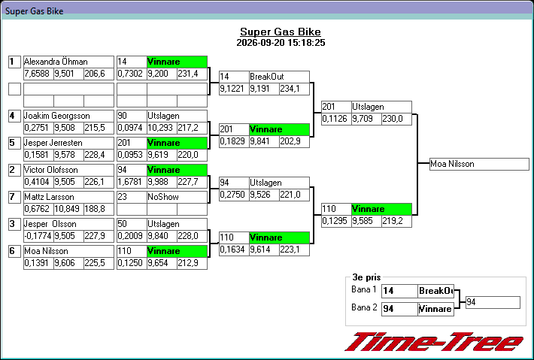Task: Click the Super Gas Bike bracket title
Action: (281, 32)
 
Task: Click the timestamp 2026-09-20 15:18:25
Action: (281, 43)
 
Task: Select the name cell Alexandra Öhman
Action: (68, 62)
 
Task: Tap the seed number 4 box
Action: (14, 116)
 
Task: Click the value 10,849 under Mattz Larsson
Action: (68, 209)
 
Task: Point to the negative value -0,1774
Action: (38, 236)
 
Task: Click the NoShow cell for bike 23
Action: (177, 197)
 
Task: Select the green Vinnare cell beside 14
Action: (177, 62)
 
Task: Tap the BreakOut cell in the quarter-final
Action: (279, 77)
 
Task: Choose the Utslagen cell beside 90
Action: (177, 116)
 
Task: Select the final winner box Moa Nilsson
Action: (479, 164)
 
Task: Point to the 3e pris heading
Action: (366, 277)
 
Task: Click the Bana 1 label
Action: (364, 289)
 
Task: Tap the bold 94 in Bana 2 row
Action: (388, 309)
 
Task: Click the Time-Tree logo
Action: (434, 342)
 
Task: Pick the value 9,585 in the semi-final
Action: (366, 221)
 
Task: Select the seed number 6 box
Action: (14, 252)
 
